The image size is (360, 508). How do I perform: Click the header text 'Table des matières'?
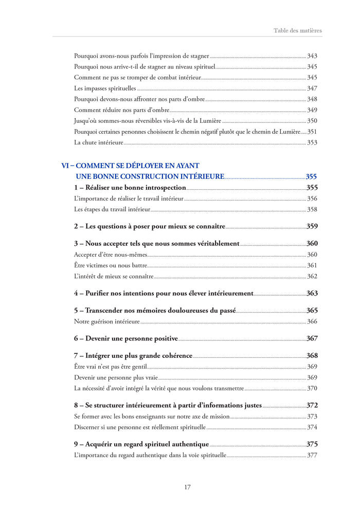pos(298,30)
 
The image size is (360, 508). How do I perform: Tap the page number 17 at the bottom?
pos(188,487)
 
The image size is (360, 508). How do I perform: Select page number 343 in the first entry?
pos(312,56)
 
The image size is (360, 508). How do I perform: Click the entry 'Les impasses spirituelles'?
pos(105,88)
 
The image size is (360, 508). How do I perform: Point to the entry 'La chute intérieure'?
pos(99,142)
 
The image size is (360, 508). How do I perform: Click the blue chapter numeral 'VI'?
pos(65,166)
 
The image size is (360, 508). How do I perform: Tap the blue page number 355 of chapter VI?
pos(311,177)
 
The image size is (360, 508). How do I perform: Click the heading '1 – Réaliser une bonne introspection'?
pos(130,188)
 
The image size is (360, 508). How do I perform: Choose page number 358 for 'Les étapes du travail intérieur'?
pos(312,209)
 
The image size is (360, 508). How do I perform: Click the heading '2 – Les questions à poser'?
pos(150,226)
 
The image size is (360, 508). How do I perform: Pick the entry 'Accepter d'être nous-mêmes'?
pos(111,255)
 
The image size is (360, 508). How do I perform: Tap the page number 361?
pos(312,265)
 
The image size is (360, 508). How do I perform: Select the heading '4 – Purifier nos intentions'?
pos(164,294)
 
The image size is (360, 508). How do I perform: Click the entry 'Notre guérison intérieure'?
pos(107,321)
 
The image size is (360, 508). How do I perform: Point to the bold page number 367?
pos(312,338)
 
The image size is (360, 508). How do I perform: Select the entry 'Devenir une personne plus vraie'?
pos(116,377)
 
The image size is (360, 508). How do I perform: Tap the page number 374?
pos(312,427)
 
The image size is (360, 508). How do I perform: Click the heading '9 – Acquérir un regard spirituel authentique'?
pos(141,444)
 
